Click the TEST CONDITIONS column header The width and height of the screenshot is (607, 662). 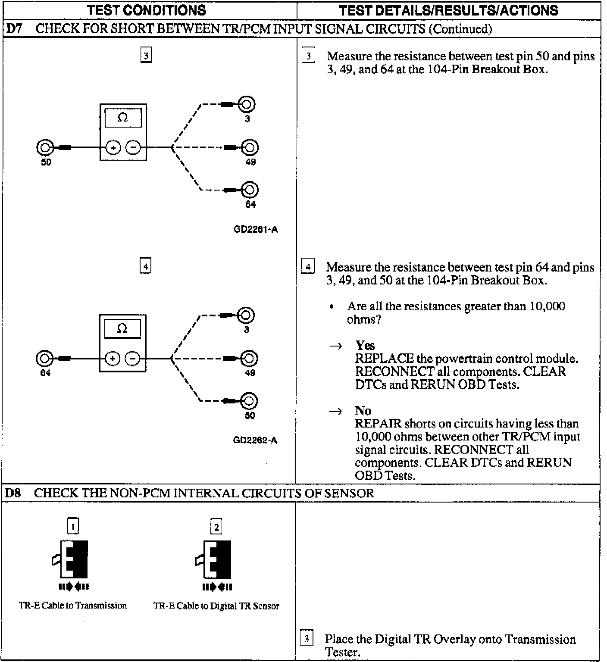coord(147,10)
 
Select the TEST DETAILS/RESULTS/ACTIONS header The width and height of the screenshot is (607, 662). coord(448,10)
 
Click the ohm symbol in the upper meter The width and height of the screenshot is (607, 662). coord(123,118)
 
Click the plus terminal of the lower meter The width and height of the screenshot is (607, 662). coord(113,359)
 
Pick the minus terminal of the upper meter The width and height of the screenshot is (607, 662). coord(133,148)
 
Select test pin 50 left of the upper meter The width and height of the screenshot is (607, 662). coord(44,148)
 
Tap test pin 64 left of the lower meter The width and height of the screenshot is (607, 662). coord(44,359)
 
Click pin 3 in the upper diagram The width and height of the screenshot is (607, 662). coord(247,104)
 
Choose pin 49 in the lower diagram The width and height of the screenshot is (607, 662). coord(250,359)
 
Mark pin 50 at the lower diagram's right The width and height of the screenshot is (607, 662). coord(250,401)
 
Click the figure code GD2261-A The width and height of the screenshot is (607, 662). coord(256,229)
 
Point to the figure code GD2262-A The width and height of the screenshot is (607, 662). coord(255,440)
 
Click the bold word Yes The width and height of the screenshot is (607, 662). coord(365,346)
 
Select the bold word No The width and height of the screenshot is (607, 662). coord(363,410)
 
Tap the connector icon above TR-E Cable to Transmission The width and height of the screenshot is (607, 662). coord(72,559)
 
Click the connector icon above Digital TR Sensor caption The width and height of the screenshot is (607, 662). coord(216,559)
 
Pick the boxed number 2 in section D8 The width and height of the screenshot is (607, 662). coord(216,527)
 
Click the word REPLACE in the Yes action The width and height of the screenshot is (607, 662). coord(384,359)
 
